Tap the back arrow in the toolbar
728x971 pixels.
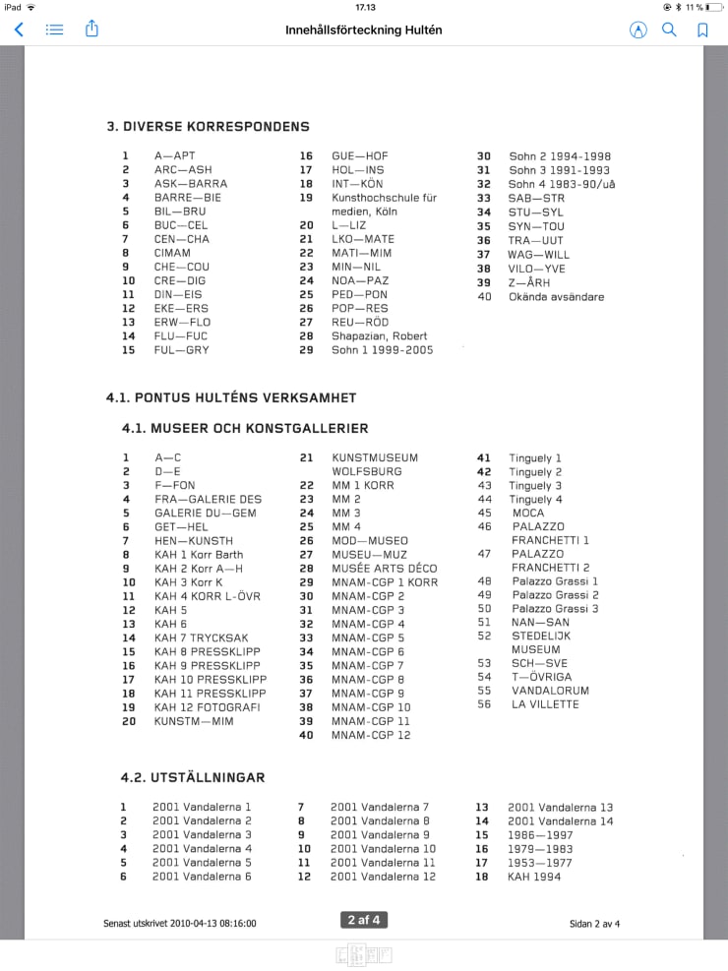click(18, 30)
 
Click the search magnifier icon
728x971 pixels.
click(669, 30)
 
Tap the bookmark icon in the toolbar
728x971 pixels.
click(702, 30)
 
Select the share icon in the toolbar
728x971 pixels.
click(91, 30)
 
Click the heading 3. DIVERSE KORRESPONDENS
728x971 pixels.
click(208, 126)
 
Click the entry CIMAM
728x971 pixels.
click(172, 253)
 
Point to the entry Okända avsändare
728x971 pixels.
click(556, 296)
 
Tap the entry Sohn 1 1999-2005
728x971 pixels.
click(382, 349)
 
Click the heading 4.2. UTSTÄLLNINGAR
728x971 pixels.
click(193, 777)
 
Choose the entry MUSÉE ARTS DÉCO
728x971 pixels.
click(384, 569)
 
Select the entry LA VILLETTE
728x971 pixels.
click(544, 704)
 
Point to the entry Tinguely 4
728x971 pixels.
click(535, 500)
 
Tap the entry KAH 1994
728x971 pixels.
click(534, 877)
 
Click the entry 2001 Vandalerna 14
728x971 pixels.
click(560, 820)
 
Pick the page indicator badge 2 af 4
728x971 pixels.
click(363, 920)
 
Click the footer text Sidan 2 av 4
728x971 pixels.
click(594, 924)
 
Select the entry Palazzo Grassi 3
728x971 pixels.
click(555, 609)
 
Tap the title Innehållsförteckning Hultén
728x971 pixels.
click(364, 30)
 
